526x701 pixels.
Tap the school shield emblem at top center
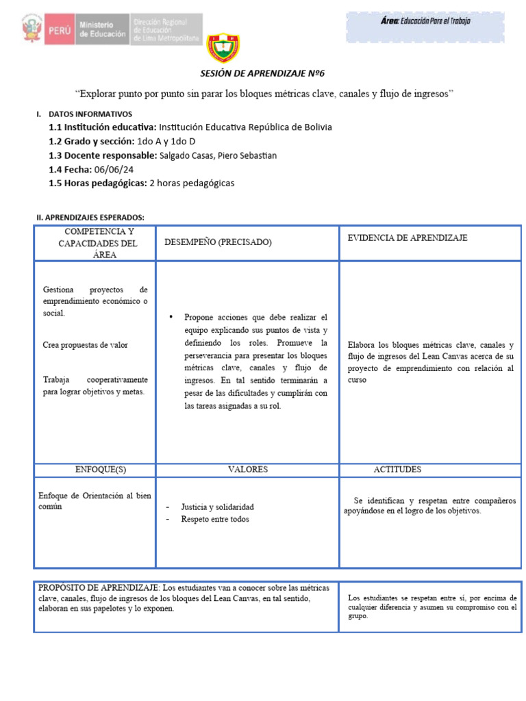click(x=223, y=47)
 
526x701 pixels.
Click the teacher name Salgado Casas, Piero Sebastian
click(x=218, y=155)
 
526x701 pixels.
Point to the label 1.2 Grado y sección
click(x=91, y=141)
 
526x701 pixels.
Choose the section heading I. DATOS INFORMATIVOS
click(x=88, y=114)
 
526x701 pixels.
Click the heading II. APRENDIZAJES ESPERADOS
click(x=90, y=217)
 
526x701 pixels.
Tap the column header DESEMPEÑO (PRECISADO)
click(x=218, y=242)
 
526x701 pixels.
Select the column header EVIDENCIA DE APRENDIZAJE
click(x=407, y=238)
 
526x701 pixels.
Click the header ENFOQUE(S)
click(x=101, y=470)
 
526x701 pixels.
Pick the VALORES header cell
click(x=248, y=470)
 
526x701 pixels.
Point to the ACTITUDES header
click(x=397, y=470)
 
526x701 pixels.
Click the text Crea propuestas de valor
click(x=85, y=345)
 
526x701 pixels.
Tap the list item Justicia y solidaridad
click(x=217, y=507)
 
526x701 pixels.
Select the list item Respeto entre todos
click(x=214, y=519)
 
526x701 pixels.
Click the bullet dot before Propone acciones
click(x=171, y=318)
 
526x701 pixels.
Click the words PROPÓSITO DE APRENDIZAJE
click(x=99, y=588)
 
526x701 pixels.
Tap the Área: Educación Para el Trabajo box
click(x=425, y=21)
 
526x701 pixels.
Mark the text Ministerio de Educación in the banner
click(x=103, y=29)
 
